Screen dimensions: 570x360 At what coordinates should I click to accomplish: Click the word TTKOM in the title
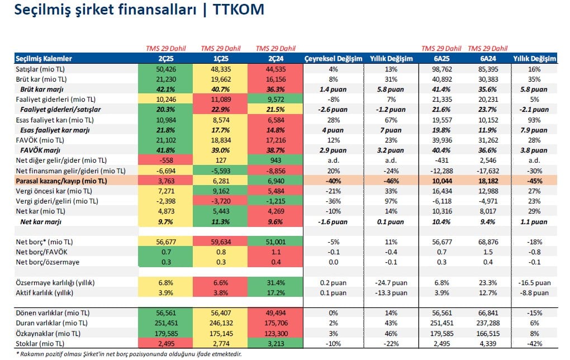(239, 10)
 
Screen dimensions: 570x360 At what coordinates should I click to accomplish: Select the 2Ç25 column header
(166, 59)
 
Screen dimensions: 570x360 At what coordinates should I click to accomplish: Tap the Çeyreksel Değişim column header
(334, 59)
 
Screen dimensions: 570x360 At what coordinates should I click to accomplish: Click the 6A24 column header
(488, 59)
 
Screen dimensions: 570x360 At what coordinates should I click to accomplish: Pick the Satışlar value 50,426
(166, 69)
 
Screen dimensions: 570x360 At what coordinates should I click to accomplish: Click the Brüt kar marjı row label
(42, 89)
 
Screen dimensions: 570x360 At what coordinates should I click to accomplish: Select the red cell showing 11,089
(221, 100)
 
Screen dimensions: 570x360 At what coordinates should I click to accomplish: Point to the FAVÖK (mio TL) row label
(40, 140)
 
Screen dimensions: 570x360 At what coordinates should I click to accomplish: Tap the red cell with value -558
(166, 160)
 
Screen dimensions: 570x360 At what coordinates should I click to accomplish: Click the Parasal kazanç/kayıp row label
(61, 181)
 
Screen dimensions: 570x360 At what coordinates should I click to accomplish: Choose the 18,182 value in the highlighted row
(488, 181)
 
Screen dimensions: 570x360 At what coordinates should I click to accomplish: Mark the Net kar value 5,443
(221, 211)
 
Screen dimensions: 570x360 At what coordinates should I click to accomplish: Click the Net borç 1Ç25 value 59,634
(221, 242)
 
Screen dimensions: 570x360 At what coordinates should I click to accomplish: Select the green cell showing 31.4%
(275, 282)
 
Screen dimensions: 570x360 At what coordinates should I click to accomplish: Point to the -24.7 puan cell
(391, 282)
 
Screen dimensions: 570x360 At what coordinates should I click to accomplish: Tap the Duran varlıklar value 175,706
(275, 323)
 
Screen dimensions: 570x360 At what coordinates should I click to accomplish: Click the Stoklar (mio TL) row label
(40, 344)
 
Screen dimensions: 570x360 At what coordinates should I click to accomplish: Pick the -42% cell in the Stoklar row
(534, 344)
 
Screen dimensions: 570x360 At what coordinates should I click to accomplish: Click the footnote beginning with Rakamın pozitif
(129, 354)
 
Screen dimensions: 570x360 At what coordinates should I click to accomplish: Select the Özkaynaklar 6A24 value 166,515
(488, 334)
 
